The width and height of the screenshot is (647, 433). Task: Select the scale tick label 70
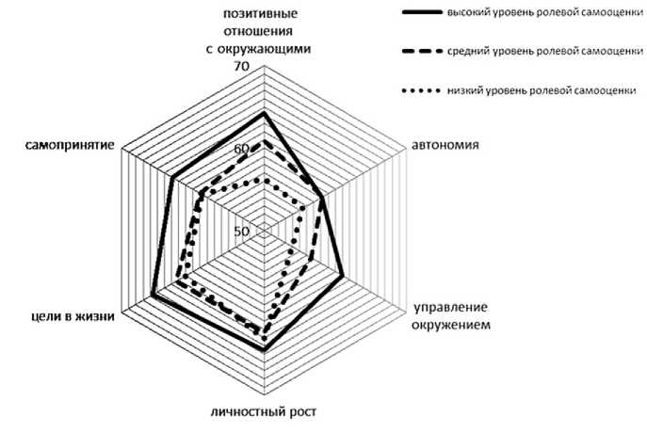pyautogui.click(x=240, y=68)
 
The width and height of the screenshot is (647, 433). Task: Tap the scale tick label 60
pyautogui.click(x=240, y=150)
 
